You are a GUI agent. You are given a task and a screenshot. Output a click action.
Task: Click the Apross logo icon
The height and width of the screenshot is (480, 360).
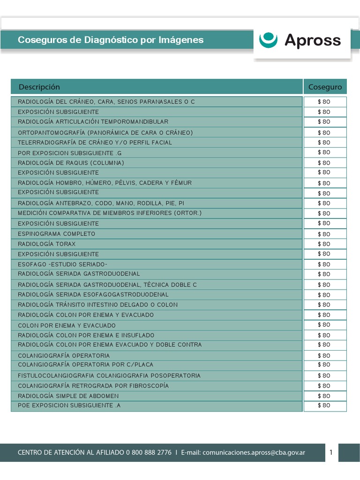coord(269,40)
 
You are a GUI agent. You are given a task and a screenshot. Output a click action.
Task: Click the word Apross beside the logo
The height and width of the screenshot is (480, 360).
coord(313,40)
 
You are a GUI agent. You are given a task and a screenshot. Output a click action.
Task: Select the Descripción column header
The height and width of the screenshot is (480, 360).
coord(39,87)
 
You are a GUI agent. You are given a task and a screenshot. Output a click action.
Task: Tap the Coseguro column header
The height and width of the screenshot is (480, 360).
coord(325,87)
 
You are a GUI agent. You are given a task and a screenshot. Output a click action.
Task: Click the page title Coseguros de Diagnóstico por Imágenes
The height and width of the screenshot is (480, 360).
coord(111,40)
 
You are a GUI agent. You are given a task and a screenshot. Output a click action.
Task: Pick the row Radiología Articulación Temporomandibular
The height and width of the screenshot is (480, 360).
coord(93,122)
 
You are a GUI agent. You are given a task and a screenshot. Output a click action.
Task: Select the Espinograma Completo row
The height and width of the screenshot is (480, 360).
coord(56,234)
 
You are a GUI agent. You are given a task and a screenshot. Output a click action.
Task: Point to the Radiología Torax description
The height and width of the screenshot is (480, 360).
coord(46,244)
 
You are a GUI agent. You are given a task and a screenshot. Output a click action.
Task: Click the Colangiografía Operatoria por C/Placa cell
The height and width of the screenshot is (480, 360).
coord(85,365)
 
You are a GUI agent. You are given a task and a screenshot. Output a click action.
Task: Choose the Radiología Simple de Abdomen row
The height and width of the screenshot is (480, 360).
coord(68,396)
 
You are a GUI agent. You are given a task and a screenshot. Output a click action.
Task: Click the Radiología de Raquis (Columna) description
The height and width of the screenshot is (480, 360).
coord(71,163)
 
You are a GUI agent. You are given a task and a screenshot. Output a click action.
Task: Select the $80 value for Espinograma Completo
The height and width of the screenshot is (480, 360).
coord(324,234)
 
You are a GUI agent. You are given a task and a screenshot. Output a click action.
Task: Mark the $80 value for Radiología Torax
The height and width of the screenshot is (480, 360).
coord(324,244)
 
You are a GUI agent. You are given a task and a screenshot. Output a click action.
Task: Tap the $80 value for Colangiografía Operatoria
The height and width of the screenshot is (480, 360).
coord(324,355)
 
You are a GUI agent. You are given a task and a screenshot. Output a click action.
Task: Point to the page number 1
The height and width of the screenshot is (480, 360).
coord(331,452)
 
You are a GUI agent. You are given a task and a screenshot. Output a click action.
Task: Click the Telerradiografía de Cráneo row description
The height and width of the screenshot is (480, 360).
coord(95,142)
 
